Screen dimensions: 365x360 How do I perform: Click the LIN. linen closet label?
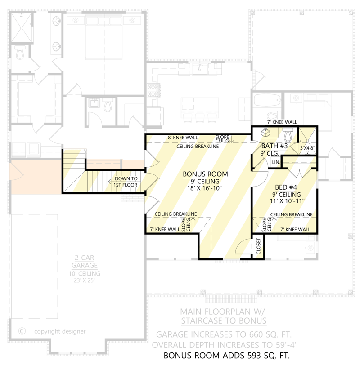[275, 162]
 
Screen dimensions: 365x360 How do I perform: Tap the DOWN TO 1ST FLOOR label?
[126, 182]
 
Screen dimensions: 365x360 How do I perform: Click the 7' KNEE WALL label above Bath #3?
[282, 122]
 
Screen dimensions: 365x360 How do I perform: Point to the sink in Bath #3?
[265, 134]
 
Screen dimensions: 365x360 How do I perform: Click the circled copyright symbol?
[21, 331]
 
